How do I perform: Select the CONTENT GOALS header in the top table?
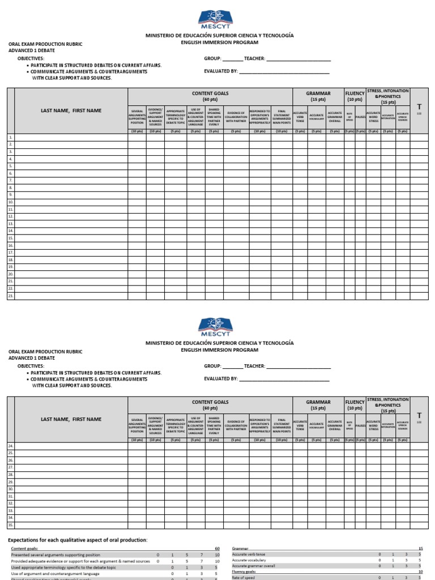[210, 96]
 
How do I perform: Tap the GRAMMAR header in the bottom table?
[318, 404]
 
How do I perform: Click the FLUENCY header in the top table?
[355, 93]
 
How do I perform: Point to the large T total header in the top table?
[419, 106]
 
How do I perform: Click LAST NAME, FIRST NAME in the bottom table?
[71, 419]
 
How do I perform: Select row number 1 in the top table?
[10, 138]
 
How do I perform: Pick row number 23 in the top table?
[10, 296]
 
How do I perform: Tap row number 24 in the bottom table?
[10, 446]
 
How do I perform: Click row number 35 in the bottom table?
[10, 524]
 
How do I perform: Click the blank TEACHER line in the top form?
[298, 58]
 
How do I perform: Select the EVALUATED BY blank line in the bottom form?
[284, 379]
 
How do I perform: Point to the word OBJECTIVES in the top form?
[31, 58]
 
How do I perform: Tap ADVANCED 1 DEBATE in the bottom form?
[32, 359]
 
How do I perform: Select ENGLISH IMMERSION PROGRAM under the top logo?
[219, 42]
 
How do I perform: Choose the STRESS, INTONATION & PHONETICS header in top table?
[388, 96]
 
